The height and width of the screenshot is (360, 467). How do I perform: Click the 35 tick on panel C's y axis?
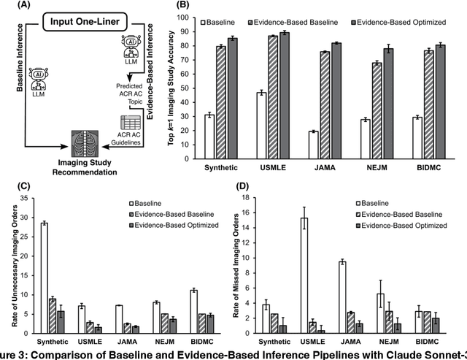(27, 198)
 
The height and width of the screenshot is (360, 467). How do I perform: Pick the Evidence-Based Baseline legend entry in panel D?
(402, 215)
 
